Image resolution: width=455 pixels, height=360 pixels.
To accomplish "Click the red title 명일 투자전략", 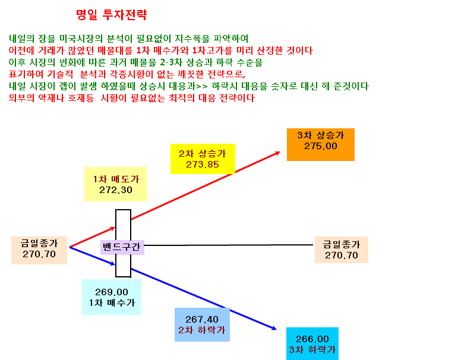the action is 112,14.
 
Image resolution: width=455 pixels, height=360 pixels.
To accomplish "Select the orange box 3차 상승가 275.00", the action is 321,144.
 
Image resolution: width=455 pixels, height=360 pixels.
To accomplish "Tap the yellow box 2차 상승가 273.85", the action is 203,159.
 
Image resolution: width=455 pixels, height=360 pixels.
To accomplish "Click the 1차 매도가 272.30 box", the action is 116,184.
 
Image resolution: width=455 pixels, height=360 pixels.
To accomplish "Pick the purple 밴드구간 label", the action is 122,247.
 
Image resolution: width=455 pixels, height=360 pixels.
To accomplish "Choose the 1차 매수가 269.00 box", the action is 112,297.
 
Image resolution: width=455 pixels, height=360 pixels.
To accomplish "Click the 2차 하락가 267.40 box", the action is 202,324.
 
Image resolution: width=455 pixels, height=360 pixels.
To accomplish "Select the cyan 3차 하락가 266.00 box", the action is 312,344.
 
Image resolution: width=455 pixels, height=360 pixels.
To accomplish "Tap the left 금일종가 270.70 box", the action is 39,250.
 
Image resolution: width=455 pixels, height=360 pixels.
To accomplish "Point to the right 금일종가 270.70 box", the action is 342,250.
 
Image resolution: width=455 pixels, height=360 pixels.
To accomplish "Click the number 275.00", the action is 321,146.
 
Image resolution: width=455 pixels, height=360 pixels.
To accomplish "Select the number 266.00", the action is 312,339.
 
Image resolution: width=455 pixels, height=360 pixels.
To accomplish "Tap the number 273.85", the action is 203,165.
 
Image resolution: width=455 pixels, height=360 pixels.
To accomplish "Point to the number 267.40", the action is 202,320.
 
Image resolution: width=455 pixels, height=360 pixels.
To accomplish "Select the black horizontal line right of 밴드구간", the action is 229,245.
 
